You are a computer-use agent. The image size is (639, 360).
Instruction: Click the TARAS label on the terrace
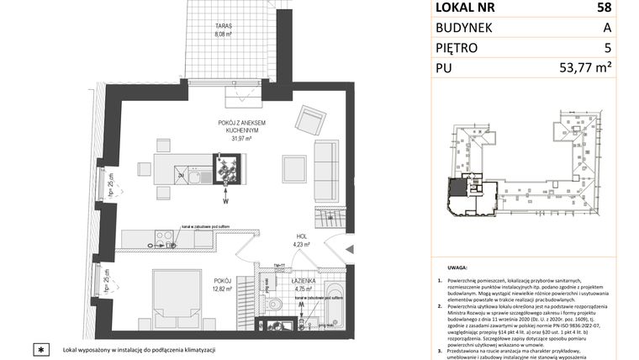pyautogui.click(x=223, y=27)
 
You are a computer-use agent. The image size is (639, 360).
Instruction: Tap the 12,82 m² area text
pyautogui.click(x=222, y=288)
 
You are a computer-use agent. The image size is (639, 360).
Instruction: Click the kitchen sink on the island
pyautogui.click(x=195, y=177)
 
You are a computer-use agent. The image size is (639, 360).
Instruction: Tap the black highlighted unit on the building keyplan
pyautogui.click(x=459, y=192)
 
